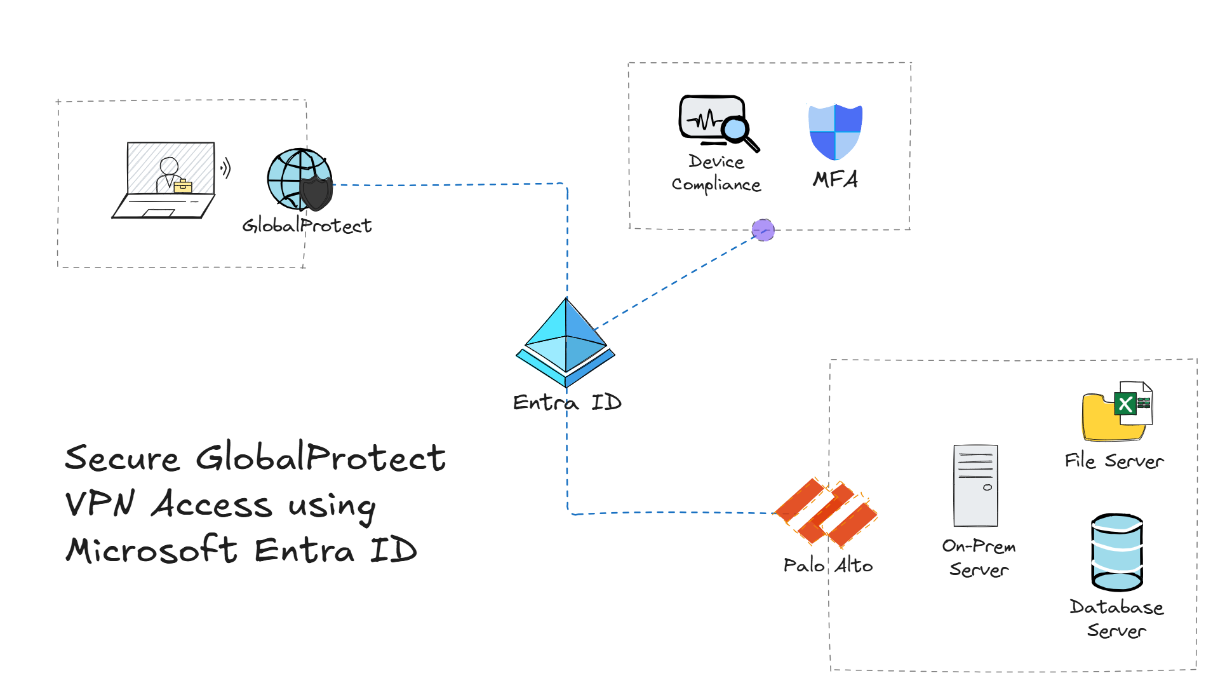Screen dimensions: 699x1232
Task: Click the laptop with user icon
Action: tap(165, 180)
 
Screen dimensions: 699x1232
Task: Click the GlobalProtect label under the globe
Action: tap(307, 226)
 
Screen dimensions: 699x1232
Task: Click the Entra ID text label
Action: tap(566, 402)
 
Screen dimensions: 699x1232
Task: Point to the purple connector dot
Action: tap(763, 230)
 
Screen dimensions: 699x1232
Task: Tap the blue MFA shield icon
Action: tap(835, 132)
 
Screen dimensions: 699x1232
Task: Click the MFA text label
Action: tap(835, 179)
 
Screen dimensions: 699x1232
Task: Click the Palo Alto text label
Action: tap(827, 565)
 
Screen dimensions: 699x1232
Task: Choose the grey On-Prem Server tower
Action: tap(975, 485)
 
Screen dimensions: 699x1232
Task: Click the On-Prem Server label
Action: tap(979, 557)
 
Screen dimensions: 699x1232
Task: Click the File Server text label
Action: tap(1114, 461)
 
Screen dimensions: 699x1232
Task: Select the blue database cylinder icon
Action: tap(1116, 552)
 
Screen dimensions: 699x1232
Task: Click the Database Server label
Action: tap(1116, 618)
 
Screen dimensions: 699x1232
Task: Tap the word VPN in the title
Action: tap(100, 504)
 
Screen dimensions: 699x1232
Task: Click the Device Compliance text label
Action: tap(716, 173)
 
